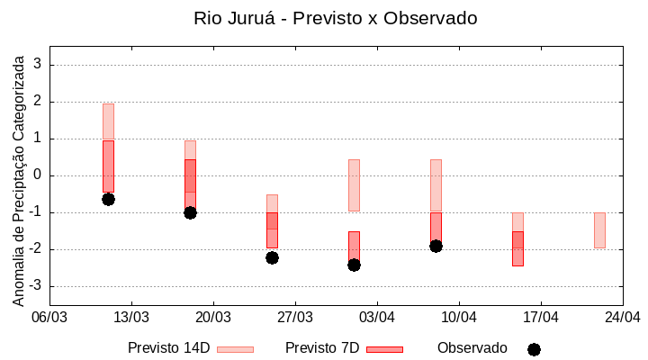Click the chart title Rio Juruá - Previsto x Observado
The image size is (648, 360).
(335, 18)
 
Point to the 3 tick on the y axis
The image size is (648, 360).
(38, 65)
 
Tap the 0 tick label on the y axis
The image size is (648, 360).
(38, 175)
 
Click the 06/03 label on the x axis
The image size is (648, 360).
(49, 317)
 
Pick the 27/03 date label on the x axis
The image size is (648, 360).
(295, 317)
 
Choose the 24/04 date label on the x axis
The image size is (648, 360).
(622, 317)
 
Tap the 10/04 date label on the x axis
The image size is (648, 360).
(459, 317)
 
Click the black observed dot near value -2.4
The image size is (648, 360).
(354, 265)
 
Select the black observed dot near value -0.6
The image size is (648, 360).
(108, 199)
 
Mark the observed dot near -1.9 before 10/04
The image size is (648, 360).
(436, 246)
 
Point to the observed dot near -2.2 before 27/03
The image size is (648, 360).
(272, 257)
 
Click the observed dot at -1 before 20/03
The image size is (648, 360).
(190, 212)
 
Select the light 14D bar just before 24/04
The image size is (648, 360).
(599, 230)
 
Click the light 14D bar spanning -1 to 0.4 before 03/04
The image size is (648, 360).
(354, 185)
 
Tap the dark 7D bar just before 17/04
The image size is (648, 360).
(517, 248)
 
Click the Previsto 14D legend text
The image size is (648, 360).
(168, 348)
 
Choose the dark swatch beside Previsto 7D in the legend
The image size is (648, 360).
(384, 349)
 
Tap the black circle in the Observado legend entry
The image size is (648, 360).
(534, 349)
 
